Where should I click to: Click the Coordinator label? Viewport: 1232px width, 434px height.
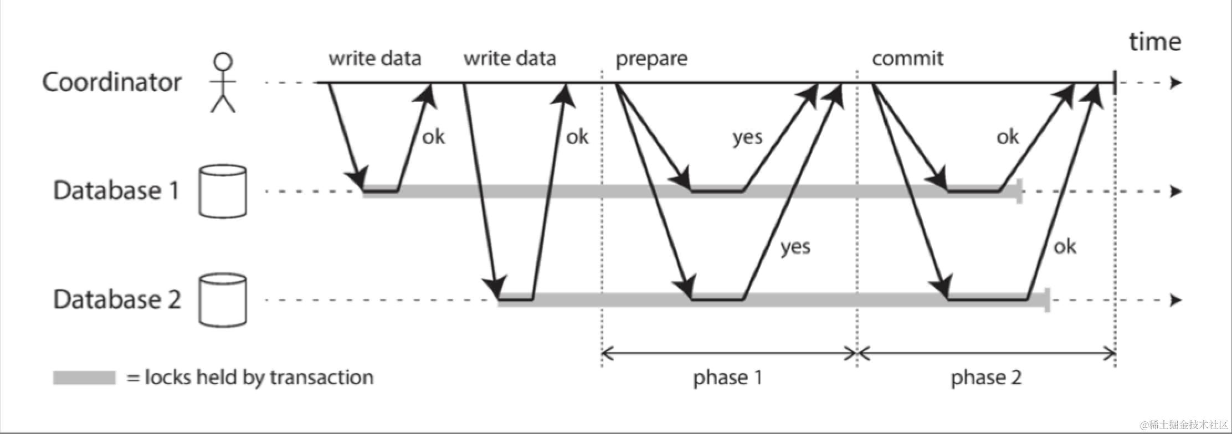[x=112, y=82]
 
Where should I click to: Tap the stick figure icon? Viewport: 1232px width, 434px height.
[x=223, y=83]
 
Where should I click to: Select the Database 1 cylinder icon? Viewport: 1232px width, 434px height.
[x=223, y=191]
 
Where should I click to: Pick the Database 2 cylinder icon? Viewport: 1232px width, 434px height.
[x=223, y=299]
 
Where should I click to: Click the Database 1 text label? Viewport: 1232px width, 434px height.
[x=116, y=190]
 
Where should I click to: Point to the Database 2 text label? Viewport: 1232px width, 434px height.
[x=117, y=299]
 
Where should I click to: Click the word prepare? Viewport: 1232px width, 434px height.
[x=651, y=59]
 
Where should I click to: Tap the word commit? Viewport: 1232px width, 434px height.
[x=907, y=59]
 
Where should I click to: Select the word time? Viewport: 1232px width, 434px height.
[x=1155, y=42]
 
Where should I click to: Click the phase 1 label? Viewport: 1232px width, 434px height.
[x=727, y=378]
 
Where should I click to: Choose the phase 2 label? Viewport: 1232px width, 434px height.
[x=986, y=378]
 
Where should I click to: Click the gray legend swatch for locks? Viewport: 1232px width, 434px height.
[x=84, y=378]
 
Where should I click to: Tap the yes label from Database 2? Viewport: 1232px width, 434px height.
[x=795, y=247]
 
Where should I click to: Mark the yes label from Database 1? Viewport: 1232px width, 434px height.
[x=747, y=137]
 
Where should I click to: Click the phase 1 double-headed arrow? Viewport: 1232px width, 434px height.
[x=730, y=353]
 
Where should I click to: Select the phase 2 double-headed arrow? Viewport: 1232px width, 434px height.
[x=986, y=353]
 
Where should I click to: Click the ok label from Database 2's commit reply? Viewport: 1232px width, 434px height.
[x=1064, y=247]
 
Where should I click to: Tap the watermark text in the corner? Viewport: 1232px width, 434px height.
[x=1184, y=425]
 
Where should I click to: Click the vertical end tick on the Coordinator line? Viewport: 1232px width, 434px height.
[x=1115, y=83]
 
